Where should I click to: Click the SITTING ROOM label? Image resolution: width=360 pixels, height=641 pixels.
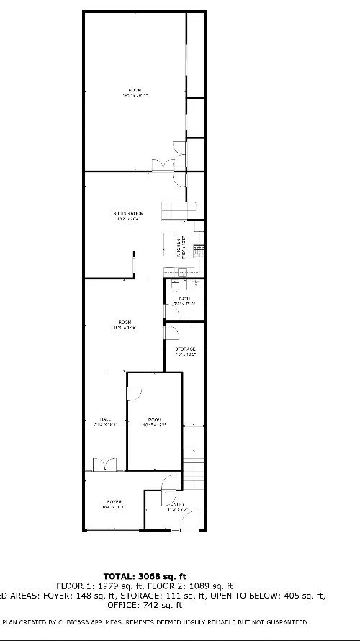[128, 213]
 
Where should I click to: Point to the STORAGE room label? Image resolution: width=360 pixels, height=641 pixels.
[185, 349]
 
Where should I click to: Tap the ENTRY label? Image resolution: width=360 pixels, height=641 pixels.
[177, 503]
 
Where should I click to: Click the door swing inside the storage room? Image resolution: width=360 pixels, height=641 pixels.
[171, 332]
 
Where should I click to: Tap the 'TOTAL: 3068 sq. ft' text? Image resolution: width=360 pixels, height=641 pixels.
[145, 575]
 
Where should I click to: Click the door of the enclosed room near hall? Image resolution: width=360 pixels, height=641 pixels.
[134, 394]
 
